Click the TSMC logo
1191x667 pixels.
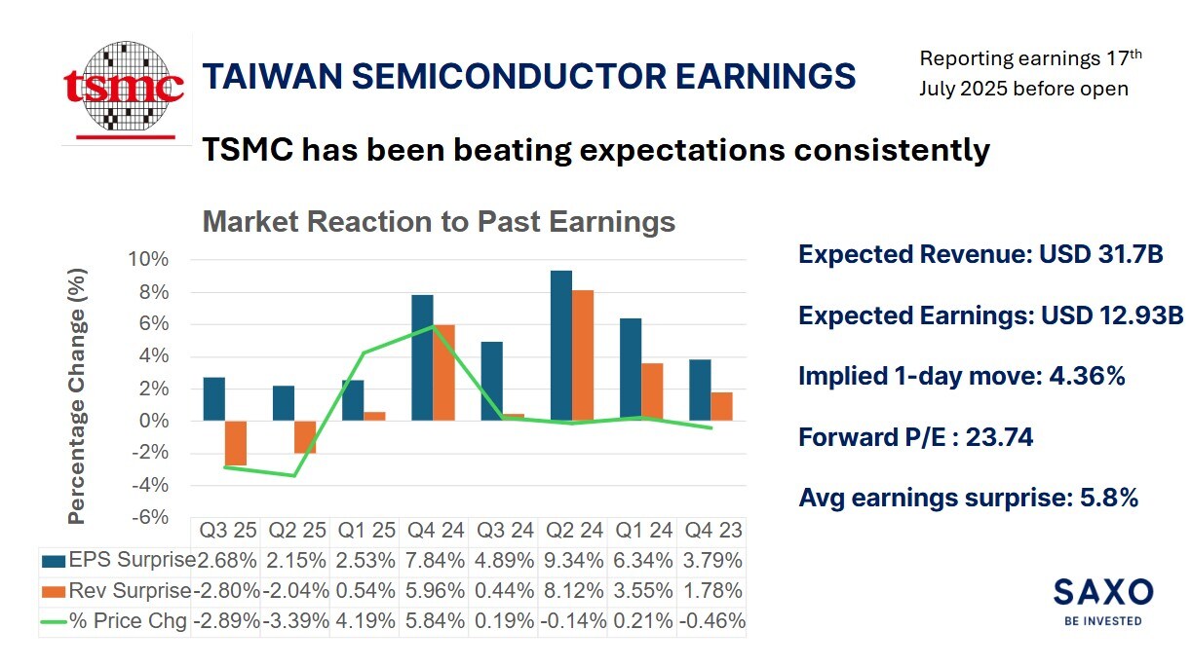[x=124, y=88]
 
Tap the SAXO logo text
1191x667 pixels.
[x=1102, y=592]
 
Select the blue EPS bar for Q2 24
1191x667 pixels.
[x=561, y=346]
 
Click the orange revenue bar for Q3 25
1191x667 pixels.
[x=235, y=443]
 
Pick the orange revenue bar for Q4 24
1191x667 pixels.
[x=443, y=373]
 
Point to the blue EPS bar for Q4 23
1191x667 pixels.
[x=699, y=390]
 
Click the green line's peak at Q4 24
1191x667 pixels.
[x=432, y=327]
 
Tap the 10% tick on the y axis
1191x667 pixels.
[x=148, y=260]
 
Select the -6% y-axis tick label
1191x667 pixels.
[x=149, y=517]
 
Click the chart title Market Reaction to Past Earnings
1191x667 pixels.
[x=439, y=222]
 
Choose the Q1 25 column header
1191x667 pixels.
[x=366, y=531]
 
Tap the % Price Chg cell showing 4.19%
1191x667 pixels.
[x=366, y=621]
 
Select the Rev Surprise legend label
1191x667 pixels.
[x=131, y=591]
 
